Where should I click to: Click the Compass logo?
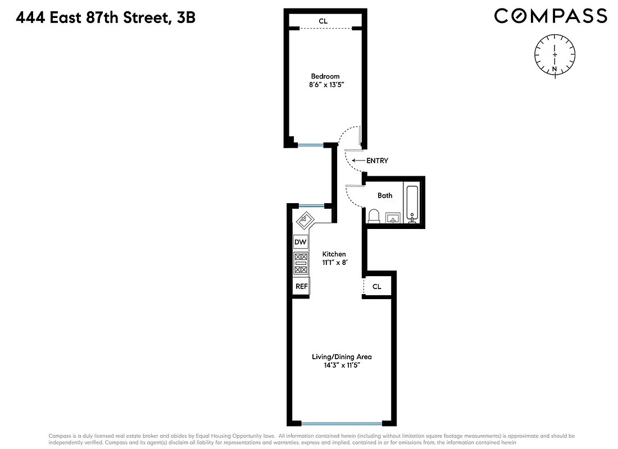tap(550, 16)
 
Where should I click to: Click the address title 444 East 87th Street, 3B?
tap(106, 17)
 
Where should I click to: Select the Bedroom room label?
tap(325, 76)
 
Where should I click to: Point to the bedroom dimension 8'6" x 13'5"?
tap(325, 85)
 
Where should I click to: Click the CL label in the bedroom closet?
tap(323, 21)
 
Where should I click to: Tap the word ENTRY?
tap(377, 161)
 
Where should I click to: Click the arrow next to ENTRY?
tap(357, 161)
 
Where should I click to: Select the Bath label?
tap(385, 195)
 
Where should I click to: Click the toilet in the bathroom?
tap(374, 216)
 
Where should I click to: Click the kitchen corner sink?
tap(305, 219)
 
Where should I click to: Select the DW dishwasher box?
tap(301, 242)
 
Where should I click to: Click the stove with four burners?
tap(301, 263)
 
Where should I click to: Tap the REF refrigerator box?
tap(301, 286)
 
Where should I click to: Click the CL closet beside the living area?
tap(377, 286)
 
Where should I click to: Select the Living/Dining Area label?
tap(342, 356)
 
